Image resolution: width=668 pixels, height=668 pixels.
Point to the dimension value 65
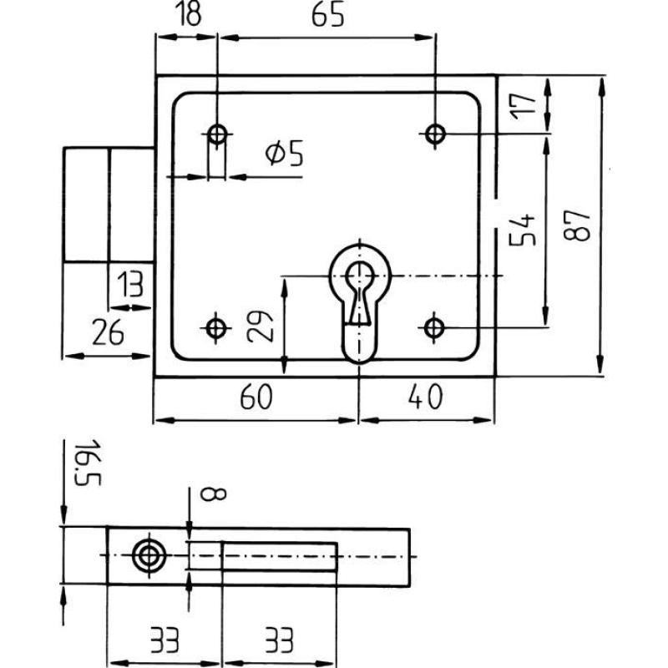tap(326, 18)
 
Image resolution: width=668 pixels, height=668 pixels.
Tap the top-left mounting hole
tap(217, 134)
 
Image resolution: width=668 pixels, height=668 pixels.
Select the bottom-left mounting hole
tap(217, 327)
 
